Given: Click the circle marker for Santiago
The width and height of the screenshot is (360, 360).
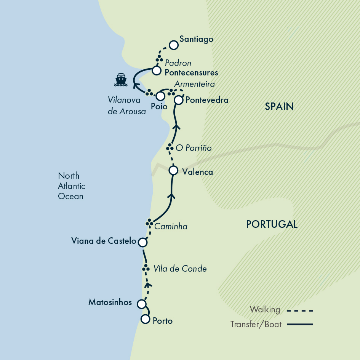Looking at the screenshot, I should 174,45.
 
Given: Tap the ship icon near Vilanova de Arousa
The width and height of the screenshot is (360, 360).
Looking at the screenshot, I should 121,79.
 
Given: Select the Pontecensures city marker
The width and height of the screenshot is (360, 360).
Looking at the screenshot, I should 156,70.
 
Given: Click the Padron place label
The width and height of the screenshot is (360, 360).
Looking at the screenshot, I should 178,63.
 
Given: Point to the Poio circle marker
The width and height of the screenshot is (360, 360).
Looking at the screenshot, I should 161,96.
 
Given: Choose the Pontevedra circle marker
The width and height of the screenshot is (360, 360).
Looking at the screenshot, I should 179,100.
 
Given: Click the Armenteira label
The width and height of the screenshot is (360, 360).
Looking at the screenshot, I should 194,84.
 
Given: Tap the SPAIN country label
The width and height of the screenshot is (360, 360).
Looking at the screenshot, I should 279,107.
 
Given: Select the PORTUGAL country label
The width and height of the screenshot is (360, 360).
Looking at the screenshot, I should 272,224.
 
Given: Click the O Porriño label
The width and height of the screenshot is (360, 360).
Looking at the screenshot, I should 194,148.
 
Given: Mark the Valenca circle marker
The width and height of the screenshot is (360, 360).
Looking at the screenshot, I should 173,170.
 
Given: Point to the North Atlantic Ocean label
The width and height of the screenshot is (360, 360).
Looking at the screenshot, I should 71,186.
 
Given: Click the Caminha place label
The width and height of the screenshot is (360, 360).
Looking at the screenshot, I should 171,227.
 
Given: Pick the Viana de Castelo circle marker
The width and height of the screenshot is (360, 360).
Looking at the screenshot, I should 142,242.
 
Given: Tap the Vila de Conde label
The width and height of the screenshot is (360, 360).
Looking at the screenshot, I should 180,269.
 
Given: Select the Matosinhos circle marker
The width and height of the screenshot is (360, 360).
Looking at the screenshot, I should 141,304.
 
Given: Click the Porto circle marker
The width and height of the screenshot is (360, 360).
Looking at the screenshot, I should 146,319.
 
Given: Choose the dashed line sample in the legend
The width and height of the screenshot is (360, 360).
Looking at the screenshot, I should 299,310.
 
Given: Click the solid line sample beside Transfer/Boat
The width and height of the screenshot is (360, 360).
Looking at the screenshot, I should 299,325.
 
